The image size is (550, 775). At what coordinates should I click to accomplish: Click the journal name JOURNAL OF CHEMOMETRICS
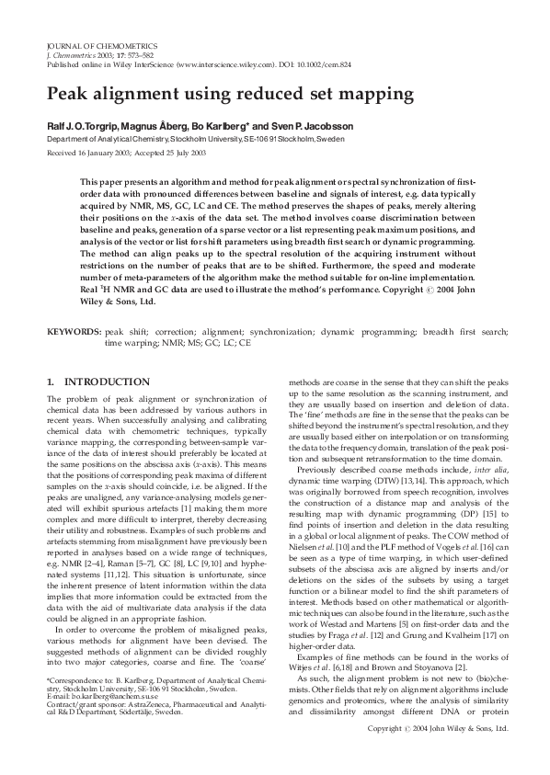pos(101,45)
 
